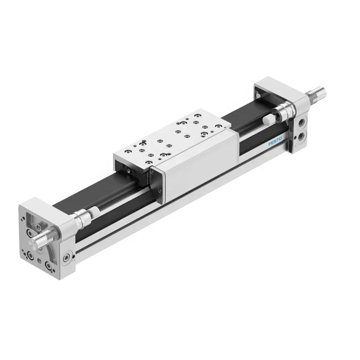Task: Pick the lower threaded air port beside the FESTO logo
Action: coord(300,138)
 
